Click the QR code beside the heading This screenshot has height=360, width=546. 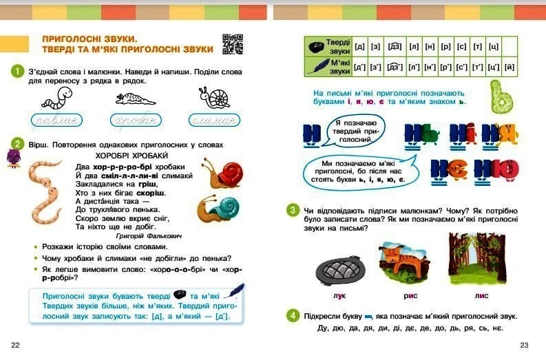pyautogui.click(x=233, y=43)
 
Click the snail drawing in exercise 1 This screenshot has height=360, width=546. pyautogui.click(x=214, y=98)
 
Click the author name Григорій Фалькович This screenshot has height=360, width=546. pyautogui.click(x=149, y=235)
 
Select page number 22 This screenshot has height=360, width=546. pyautogui.click(x=15, y=344)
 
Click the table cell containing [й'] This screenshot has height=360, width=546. pyautogui.click(x=510, y=67)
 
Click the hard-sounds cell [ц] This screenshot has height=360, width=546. pyautogui.click(x=493, y=46)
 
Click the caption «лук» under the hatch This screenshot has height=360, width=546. pyautogui.click(x=338, y=295)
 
